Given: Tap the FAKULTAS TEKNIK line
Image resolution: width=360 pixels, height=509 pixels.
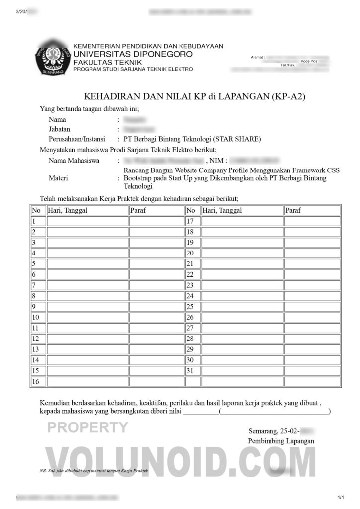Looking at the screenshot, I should tap(107, 62).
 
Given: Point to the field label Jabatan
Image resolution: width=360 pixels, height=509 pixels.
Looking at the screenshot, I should tap(60, 129).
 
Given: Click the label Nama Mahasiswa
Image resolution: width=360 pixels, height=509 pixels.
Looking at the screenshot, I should tap(74, 161).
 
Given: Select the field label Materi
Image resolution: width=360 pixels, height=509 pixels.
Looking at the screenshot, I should tap(59, 178).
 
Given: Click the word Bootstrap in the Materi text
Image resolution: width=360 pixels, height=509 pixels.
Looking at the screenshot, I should tap(139, 178).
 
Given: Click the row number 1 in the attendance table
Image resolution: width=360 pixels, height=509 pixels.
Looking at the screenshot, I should tap(34, 221).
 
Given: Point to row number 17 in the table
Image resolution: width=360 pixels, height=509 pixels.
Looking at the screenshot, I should tap(190, 221).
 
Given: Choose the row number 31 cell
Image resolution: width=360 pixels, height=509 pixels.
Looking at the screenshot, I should tap(190, 371).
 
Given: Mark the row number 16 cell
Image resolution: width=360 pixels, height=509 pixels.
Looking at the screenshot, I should tap(35, 381).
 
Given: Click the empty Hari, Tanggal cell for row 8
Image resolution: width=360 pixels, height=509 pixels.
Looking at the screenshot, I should tap(88, 296).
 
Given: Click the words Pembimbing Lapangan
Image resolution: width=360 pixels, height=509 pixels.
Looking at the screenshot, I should tap(280, 441).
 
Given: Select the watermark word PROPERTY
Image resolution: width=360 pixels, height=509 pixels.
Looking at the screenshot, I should tap(88, 427).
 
